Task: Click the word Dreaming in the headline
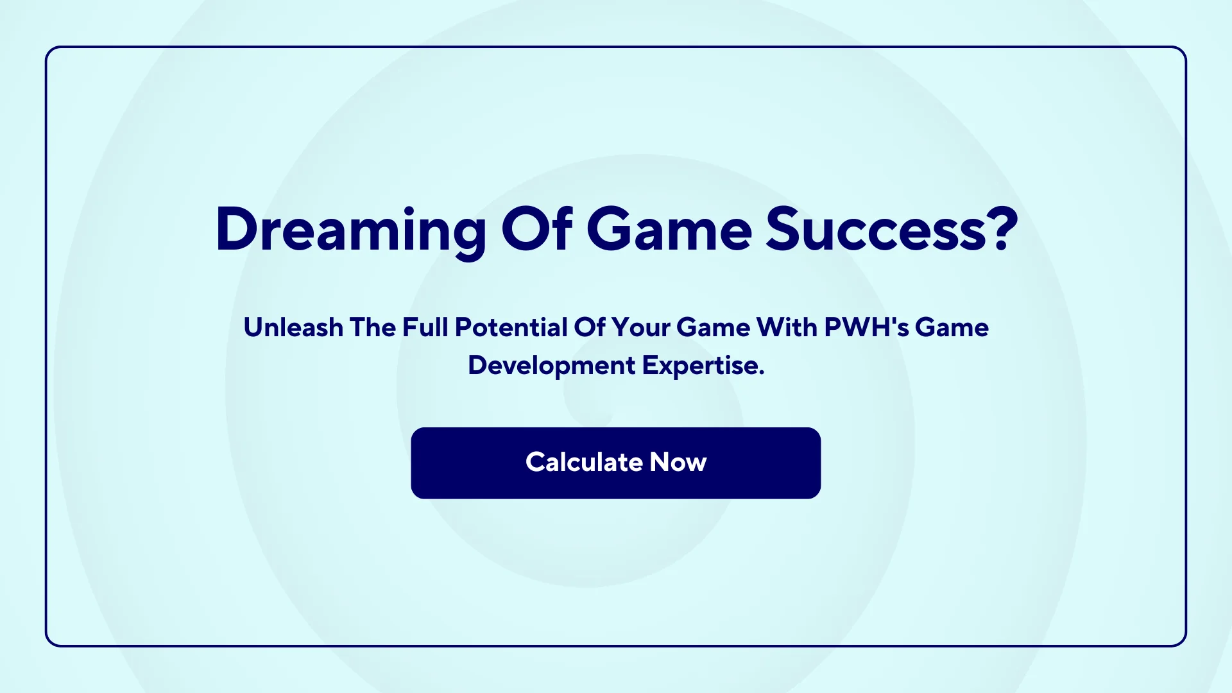350,230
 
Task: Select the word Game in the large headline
669,230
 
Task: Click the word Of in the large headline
536,230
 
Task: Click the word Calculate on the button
584,462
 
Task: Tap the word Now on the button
678,462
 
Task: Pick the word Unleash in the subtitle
293,327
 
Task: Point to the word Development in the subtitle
551,365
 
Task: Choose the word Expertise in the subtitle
701,365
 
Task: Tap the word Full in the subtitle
425,327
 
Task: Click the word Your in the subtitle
640,327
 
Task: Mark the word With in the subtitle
787,327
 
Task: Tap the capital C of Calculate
536,462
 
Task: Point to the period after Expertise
762,373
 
